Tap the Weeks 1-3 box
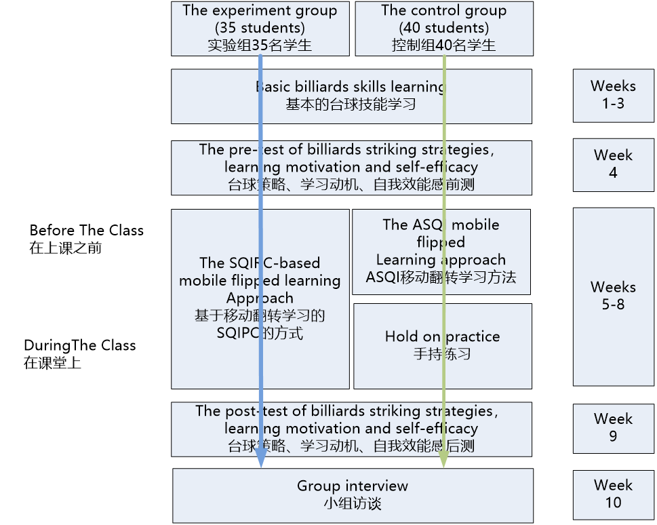pyautogui.click(x=613, y=95)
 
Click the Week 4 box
pyautogui.click(x=613, y=164)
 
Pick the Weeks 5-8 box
pyautogui.click(x=613, y=296)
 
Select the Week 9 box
pyautogui.click(x=613, y=427)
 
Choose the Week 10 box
pyautogui.click(x=613, y=494)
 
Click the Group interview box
pyautogui.click(x=353, y=495)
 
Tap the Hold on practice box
pyautogui.click(x=442, y=345)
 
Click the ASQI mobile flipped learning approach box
pyautogui.click(x=441, y=251)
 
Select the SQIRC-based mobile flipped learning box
pyautogui.click(x=260, y=298)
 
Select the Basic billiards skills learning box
pyautogui.click(x=351, y=96)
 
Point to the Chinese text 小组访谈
pyautogui.click(x=352, y=504)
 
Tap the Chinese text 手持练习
pyautogui.click(x=442, y=354)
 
